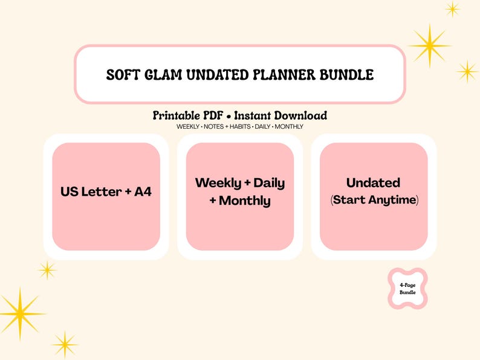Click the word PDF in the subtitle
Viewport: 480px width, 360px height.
click(x=215, y=115)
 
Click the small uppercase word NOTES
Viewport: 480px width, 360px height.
click(x=213, y=127)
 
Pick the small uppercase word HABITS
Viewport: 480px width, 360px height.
click(x=241, y=127)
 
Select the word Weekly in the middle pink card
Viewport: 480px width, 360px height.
click(x=218, y=182)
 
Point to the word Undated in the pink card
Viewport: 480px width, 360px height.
click(x=373, y=182)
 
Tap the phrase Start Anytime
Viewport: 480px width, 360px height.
click(x=374, y=199)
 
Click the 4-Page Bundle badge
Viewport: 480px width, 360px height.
click(x=407, y=289)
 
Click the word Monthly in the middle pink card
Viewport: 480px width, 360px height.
click(x=244, y=201)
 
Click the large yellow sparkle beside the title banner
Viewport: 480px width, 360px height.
click(x=430, y=45)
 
